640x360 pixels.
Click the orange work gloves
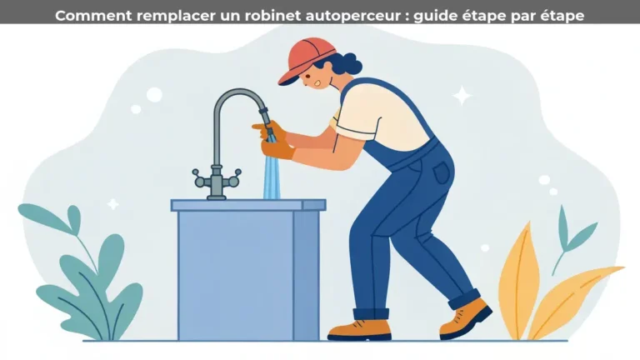tap(275, 141)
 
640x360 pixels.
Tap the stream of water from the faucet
tap(272, 175)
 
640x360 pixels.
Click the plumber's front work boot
tap(359, 328)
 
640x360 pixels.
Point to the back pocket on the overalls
tap(441, 173)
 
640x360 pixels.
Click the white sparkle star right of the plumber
tap(461, 96)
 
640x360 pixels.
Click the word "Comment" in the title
tap(82, 14)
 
